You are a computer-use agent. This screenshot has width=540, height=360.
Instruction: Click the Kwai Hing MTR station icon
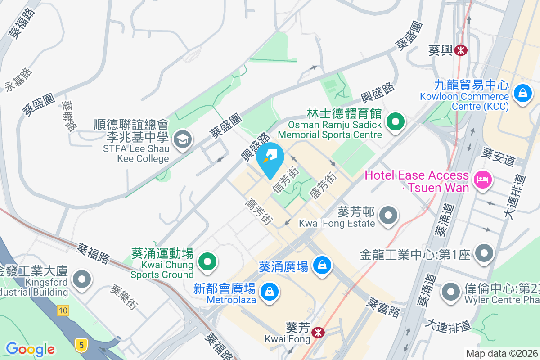(x=460, y=50)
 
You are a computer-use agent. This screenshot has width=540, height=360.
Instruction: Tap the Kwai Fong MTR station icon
(x=319, y=333)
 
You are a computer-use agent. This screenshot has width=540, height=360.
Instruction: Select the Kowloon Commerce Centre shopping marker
(x=522, y=94)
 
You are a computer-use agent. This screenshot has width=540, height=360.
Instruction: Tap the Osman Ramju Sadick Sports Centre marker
(x=396, y=121)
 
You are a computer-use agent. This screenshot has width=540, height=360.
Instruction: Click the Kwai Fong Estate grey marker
(x=388, y=216)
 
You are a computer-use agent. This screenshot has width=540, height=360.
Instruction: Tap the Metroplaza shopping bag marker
(x=269, y=291)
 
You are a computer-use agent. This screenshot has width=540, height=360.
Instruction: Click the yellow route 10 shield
(x=63, y=310)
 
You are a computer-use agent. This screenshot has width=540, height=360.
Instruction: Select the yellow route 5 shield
(x=81, y=345)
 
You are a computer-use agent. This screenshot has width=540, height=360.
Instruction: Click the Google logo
(x=30, y=349)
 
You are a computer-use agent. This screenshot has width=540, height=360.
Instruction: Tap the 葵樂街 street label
(x=123, y=297)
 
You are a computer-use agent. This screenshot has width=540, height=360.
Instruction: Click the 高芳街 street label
(x=259, y=211)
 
